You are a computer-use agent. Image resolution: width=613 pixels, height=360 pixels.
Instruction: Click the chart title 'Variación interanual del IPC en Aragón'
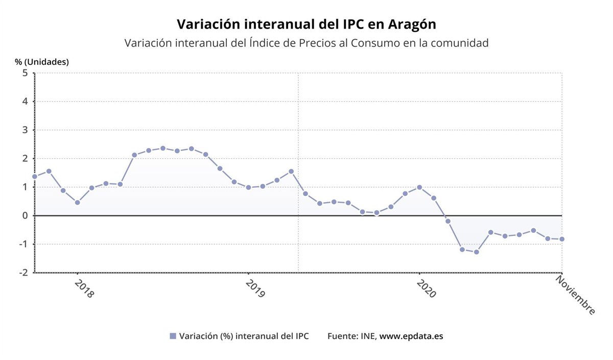(306, 24)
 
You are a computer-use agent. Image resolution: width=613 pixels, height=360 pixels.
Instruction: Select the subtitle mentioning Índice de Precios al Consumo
(306, 43)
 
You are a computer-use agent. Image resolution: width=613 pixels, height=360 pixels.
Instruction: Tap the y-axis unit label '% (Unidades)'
(42, 62)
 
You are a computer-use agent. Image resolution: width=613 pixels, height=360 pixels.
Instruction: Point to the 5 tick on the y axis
(25, 73)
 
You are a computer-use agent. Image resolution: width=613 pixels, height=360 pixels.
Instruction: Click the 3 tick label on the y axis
(25, 130)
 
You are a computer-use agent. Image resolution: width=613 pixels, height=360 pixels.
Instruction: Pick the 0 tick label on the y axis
(25, 215)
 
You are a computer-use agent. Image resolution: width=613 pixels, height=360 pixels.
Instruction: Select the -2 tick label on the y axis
(23, 273)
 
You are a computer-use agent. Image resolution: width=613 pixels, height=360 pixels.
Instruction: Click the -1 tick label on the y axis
(23, 244)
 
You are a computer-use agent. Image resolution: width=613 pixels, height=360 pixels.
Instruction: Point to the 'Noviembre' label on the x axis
(576, 295)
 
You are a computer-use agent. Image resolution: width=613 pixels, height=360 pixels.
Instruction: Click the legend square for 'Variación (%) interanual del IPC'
(173, 336)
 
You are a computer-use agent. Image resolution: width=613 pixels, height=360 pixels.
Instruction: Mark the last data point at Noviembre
(562, 239)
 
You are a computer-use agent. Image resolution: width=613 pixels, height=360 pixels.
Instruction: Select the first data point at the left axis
(35, 177)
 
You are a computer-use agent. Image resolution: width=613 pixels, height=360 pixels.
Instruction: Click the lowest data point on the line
(476, 252)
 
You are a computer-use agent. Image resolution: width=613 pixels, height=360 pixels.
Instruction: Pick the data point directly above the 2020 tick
(419, 187)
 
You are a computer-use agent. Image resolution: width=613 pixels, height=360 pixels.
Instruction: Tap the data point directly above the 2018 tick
(77, 202)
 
